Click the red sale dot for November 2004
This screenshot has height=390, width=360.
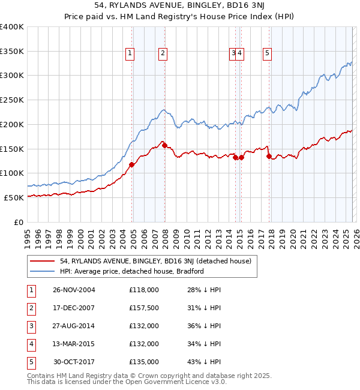click(x=132, y=164)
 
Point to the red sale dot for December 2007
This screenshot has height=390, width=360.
click(x=164, y=145)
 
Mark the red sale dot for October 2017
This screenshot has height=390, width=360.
click(x=269, y=157)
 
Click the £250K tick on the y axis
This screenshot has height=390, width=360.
click(x=12, y=100)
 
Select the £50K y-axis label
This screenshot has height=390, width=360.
click(x=14, y=197)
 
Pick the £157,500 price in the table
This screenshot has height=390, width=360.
click(x=144, y=308)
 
